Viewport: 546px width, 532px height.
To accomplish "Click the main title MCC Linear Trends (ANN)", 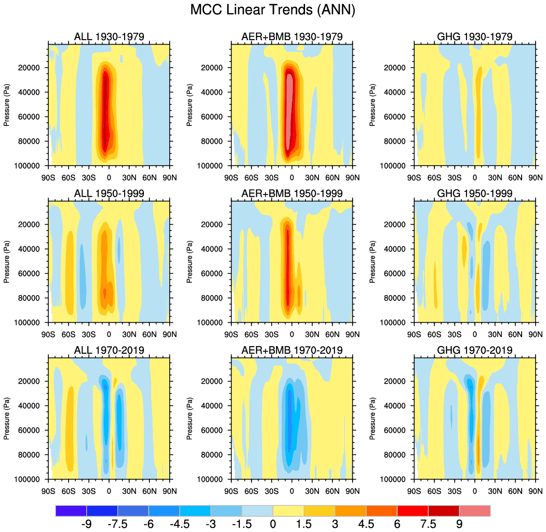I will pyautogui.click(x=273, y=10).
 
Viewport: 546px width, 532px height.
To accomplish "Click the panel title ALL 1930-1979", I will pyautogui.click(x=109, y=37).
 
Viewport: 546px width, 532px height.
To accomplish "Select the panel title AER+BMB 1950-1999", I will pyautogui.click(x=292, y=194).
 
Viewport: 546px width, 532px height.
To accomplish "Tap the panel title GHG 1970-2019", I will pyautogui.click(x=475, y=350).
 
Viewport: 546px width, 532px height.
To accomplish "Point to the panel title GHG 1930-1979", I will pyautogui.click(x=475, y=37).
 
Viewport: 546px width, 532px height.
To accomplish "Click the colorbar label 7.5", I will pyautogui.click(x=428, y=524).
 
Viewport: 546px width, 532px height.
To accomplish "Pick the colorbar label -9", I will pyautogui.click(x=86, y=524).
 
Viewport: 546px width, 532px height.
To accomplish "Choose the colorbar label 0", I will pyautogui.click(x=273, y=524).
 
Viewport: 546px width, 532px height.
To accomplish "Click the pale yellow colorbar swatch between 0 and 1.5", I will pyautogui.click(x=288, y=511).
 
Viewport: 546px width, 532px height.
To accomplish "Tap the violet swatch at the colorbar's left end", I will pyautogui.click(x=71, y=511).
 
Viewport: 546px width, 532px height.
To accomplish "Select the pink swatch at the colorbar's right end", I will pyautogui.click(x=475, y=511).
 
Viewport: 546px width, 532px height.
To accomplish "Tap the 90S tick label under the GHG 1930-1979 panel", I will pyautogui.click(x=414, y=178).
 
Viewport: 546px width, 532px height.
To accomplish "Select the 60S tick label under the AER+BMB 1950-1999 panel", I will pyautogui.click(x=251, y=334).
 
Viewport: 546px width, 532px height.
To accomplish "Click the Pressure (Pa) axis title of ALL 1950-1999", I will pyautogui.click(x=7, y=262).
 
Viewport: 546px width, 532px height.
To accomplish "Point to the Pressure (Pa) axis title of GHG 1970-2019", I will pyautogui.click(x=372, y=418).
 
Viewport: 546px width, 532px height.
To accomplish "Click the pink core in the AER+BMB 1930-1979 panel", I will pyautogui.click(x=290, y=113).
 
